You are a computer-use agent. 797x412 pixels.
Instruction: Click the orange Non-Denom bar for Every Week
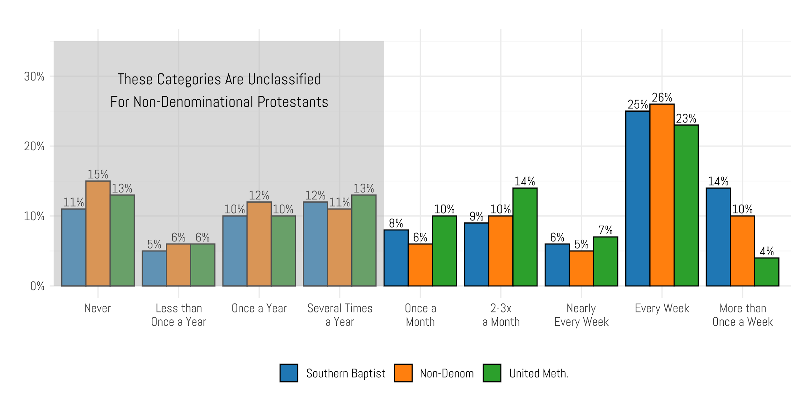click(662, 195)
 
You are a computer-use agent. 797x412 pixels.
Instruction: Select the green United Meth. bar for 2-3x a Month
click(525, 237)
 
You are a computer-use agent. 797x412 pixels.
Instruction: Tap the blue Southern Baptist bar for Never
click(74, 247)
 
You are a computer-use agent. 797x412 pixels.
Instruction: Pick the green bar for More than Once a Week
click(767, 272)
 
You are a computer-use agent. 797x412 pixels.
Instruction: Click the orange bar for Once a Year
click(259, 244)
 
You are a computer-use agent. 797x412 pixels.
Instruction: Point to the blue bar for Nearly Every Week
click(557, 265)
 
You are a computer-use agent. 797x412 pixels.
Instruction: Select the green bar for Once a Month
click(444, 251)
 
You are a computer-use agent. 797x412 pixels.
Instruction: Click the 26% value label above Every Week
click(662, 98)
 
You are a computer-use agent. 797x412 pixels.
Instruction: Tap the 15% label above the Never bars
click(98, 175)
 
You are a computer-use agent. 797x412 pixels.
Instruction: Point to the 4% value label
click(767, 251)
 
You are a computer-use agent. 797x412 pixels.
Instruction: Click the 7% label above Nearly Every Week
click(605, 230)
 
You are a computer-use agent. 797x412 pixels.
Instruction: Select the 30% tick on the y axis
click(34, 77)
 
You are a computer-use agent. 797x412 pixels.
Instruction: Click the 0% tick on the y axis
click(37, 286)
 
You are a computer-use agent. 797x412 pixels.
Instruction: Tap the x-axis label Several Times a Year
click(340, 315)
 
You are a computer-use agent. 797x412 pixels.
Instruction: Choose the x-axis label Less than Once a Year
click(179, 315)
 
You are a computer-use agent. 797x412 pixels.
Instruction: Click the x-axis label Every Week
click(662, 308)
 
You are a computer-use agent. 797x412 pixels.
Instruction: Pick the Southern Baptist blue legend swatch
click(289, 373)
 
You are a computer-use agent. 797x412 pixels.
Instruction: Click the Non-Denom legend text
click(447, 373)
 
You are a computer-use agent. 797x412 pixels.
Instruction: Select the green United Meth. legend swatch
click(492, 373)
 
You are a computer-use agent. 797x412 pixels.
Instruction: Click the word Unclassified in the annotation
click(284, 79)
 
